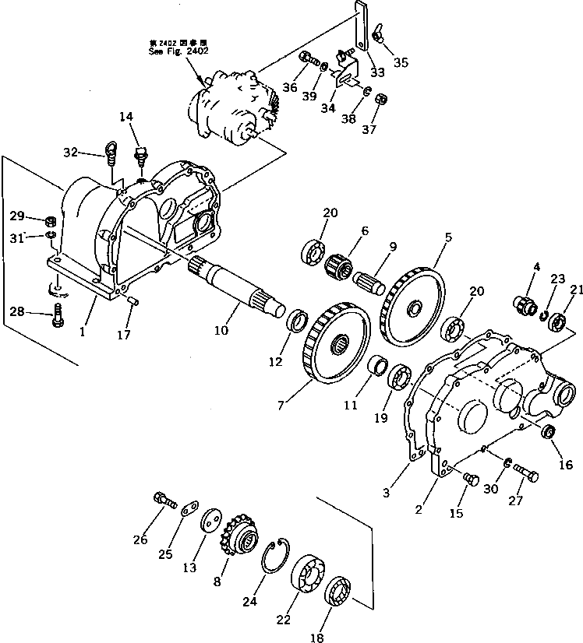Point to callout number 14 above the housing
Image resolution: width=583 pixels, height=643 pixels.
(x=127, y=117)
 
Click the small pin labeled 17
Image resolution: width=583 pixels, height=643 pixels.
(x=132, y=300)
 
